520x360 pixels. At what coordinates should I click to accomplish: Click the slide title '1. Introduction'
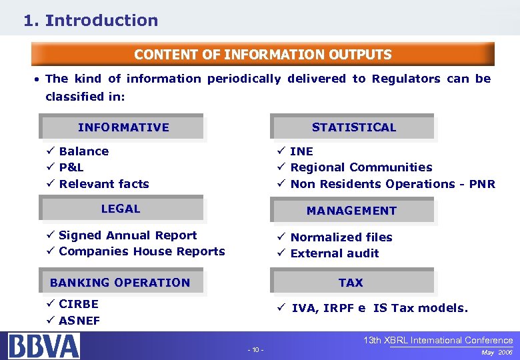[91, 21]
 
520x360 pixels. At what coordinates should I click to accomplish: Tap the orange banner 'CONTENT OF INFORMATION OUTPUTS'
[263, 55]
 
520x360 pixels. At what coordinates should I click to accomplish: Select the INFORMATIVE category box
[123, 127]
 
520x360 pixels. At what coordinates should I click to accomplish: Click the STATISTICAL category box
[353, 127]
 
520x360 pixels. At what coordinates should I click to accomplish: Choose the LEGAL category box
[121, 209]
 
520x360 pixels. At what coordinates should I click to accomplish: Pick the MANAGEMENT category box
[351, 211]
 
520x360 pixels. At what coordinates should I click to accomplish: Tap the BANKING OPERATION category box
[120, 283]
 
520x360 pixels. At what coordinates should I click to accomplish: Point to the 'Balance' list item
[83, 151]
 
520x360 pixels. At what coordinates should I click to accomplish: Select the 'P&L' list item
[71, 167]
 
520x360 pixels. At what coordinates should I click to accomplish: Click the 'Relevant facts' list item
[104, 184]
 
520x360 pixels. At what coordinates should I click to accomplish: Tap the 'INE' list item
[301, 151]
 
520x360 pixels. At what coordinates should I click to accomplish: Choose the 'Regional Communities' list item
[361, 167]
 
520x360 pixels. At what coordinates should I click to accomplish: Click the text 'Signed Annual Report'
[127, 235]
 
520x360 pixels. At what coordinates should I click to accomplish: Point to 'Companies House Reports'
[141, 251]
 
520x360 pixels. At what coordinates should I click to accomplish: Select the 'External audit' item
[334, 253]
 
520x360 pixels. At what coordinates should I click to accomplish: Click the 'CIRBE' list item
[78, 304]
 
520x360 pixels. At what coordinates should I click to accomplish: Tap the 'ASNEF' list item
[79, 321]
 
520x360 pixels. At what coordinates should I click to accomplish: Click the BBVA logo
[44, 346]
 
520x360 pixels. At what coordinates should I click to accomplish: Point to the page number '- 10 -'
[255, 350]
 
